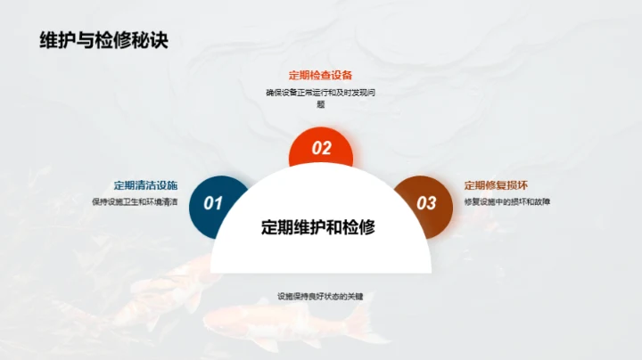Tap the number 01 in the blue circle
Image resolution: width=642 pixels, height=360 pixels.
click(x=214, y=203)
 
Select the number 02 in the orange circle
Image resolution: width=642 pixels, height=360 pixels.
click(x=321, y=149)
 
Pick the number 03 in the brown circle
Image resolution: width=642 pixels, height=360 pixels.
click(x=427, y=203)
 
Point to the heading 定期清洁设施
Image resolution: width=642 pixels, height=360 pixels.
click(x=145, y=185)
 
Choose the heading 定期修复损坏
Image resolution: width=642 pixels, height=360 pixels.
click(x=496, y=185)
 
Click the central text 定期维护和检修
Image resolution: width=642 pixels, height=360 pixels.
click(x=318, y=227)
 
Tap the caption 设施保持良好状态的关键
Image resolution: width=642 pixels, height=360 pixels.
click(x=320, y=296)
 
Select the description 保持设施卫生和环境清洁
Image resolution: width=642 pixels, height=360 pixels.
click(x=135, y=202)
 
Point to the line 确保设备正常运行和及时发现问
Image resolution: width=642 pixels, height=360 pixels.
click(x=320, y=92)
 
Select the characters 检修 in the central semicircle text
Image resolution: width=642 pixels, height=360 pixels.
click(x=361, y=227)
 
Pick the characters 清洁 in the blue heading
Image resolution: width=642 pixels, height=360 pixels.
click(x=145, y=185)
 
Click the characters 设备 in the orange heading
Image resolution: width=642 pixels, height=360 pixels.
click(x=342, y=75)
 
